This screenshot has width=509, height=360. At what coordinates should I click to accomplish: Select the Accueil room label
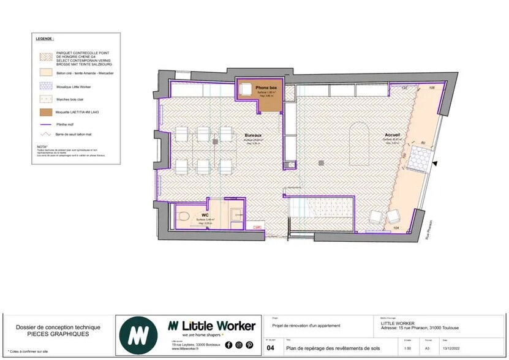393,134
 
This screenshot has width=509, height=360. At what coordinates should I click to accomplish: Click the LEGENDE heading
45,38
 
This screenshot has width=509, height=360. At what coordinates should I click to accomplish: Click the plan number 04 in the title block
271,348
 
